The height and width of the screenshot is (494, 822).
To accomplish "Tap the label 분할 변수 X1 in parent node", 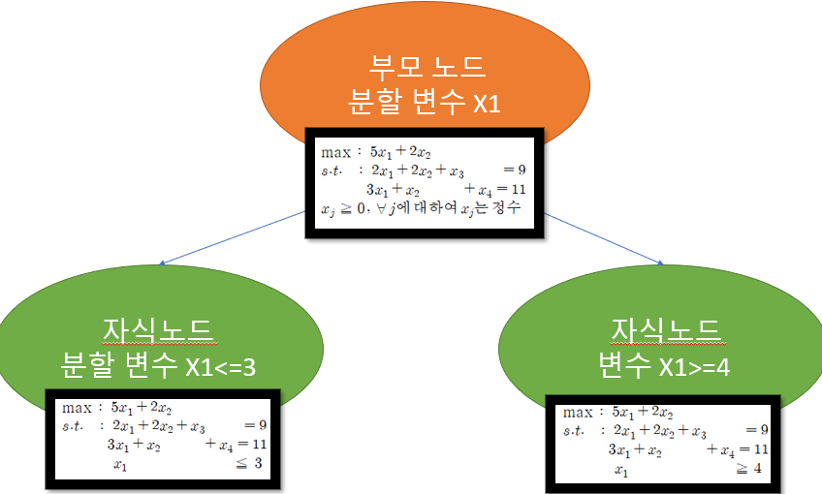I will tap(427, 102).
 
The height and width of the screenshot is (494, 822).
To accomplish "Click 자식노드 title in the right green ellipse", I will tap(665, 329).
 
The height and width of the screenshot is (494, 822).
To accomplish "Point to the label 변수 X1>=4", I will tap(665, 365).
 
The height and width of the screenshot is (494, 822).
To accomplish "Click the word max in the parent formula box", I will tap(334, 153).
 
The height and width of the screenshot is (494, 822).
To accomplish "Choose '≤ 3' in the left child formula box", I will tap(254, 464).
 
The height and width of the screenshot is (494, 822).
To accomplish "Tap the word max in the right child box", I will tap(578, 413).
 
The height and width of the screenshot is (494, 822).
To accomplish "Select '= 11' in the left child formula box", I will tap(249, 446).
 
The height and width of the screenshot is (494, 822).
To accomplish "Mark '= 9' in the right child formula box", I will tap(757, 430).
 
